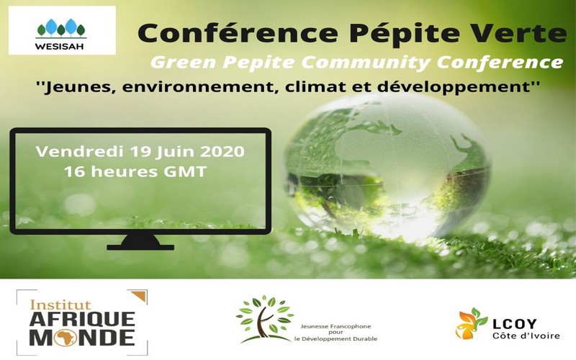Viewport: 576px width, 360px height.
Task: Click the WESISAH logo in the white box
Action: point(61,30)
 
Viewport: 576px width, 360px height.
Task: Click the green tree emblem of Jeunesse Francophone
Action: point(264,317)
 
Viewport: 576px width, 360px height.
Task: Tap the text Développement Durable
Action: point(336,338)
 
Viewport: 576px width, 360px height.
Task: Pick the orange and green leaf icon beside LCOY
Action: point(472,323)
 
